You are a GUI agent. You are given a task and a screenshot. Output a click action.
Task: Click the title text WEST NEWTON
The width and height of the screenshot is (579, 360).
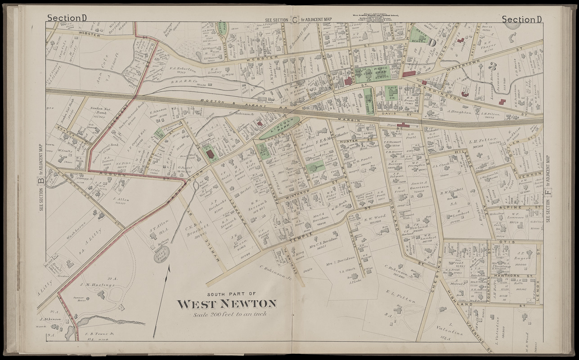pyautogui.click(x=227, y=304)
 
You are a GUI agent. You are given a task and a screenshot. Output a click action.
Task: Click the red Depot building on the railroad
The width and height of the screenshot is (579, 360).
pyautogui.click(x=403, y=126)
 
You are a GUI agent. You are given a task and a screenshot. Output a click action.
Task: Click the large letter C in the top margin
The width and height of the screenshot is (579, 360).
pyautogui.click(x=295, y=19)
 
